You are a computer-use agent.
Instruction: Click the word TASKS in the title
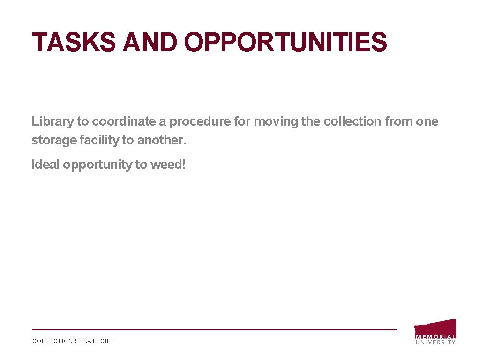[74, 42]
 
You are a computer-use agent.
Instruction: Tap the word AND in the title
[150, 42]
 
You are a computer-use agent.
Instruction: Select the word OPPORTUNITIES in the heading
[286, 42]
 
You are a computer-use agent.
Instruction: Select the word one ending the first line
[427, 122]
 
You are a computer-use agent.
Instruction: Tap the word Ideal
[45, 165]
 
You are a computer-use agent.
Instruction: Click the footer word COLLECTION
[52, 341]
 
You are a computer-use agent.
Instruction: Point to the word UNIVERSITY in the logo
[435, 342]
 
